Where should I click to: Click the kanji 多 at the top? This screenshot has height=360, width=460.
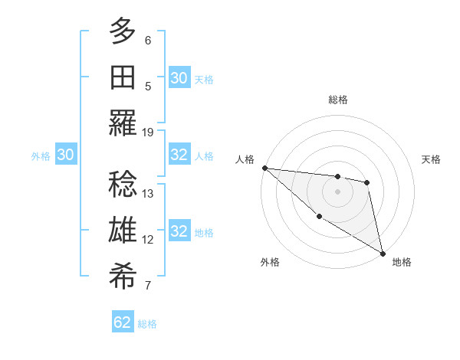123,31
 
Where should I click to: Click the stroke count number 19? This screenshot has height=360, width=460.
148,132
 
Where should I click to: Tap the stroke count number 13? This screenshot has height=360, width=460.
148,193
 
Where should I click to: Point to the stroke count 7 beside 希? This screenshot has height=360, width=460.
148,286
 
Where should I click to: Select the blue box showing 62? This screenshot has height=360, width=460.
123,322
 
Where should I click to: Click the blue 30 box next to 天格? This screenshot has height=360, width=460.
179,78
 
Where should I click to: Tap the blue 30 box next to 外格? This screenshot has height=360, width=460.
66,155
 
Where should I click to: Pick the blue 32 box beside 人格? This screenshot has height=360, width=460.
179,155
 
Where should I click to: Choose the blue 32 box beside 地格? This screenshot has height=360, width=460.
179,231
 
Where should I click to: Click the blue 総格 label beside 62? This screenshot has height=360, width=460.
147,324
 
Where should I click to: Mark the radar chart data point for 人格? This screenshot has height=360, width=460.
264,168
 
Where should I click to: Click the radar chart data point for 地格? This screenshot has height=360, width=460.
383,253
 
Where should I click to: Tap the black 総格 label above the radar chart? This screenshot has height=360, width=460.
337,100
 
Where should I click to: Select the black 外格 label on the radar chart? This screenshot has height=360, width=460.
270,263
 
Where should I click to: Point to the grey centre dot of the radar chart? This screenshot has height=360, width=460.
337,191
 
